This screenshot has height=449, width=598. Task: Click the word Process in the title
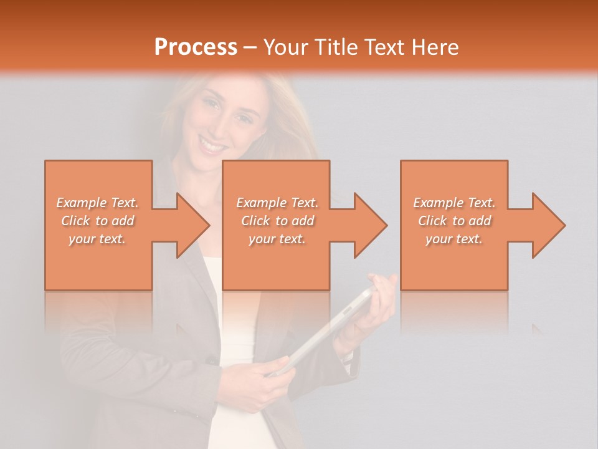(196, 47)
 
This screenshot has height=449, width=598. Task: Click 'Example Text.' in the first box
(97, 203)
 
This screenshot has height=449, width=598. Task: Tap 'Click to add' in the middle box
(277, 221)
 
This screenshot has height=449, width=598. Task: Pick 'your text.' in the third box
(454, 239)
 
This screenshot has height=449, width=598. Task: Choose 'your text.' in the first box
(97, 239)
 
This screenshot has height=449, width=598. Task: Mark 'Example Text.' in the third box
(454, 203)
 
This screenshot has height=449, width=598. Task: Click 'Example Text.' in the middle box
(277, 203)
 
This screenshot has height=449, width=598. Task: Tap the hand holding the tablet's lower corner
(268, 374)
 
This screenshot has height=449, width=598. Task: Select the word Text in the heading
(382, 47)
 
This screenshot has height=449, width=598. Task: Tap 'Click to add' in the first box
(97, 221)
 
